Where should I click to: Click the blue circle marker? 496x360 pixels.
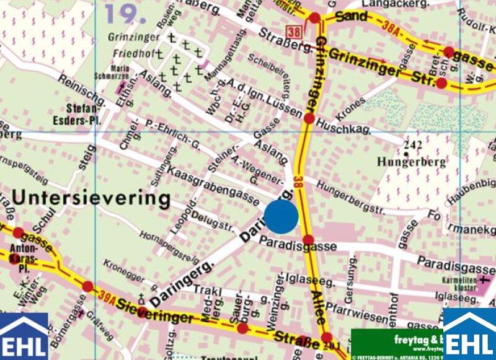pos(281,216)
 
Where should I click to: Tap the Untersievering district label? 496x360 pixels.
pos(91,199)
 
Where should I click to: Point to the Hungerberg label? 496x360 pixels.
pos(410,162)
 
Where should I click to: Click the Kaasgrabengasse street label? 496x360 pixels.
pos(213,185)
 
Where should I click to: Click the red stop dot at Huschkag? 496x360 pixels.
pos(309,118)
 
